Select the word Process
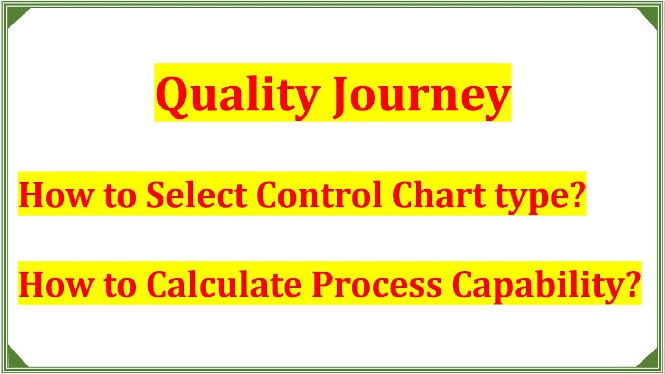tap(377, 284)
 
